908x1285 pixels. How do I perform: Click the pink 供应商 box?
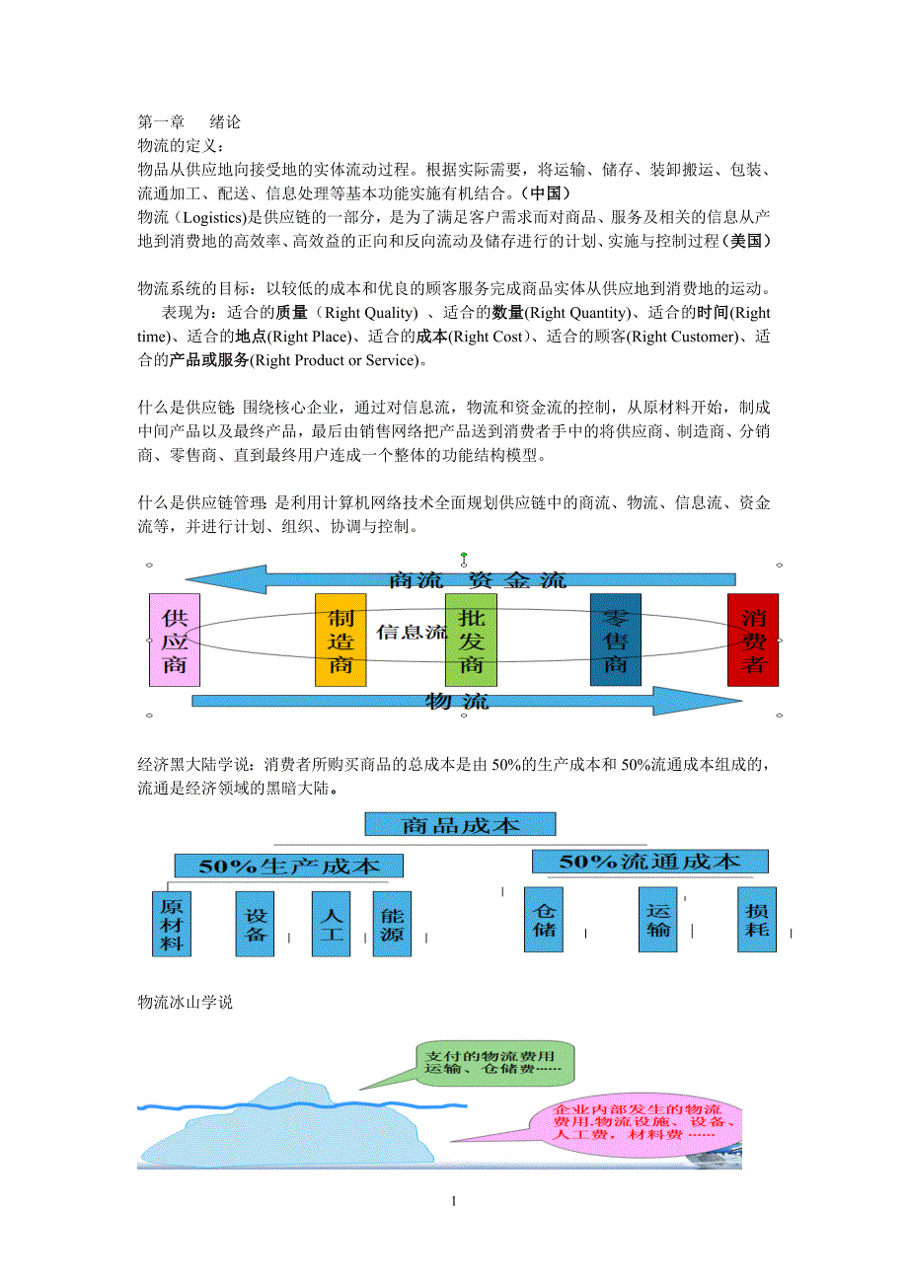click(x=174, y=640)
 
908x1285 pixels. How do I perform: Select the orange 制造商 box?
click(x=340, y=640)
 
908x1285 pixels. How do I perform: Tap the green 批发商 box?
click(x=471, y=640)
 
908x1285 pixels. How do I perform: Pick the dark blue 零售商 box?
click(x=615, y=640)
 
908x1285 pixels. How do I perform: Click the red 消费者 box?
click(x=752, y=640)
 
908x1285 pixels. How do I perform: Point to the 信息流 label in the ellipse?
click(x=412, y=632)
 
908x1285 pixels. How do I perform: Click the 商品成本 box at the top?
click(x=460, y=824)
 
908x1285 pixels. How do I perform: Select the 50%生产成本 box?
click(x=288, y=866)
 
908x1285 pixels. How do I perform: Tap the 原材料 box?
click(x=173, y=924)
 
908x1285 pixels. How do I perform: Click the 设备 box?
click(x=256, y=924)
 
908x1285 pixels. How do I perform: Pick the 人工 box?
click(x=331, y=924)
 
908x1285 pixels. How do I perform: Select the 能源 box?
click(x=392, y=924)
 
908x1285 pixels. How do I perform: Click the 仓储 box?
click(x=544, y=919)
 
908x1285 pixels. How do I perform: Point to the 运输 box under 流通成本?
click(x=657, y=919)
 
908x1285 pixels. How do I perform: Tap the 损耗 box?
click(x=757, y=919)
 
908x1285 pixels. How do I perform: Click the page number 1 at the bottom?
click(x=453, y=1201)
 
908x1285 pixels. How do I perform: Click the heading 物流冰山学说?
click(x=186, y=1002)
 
